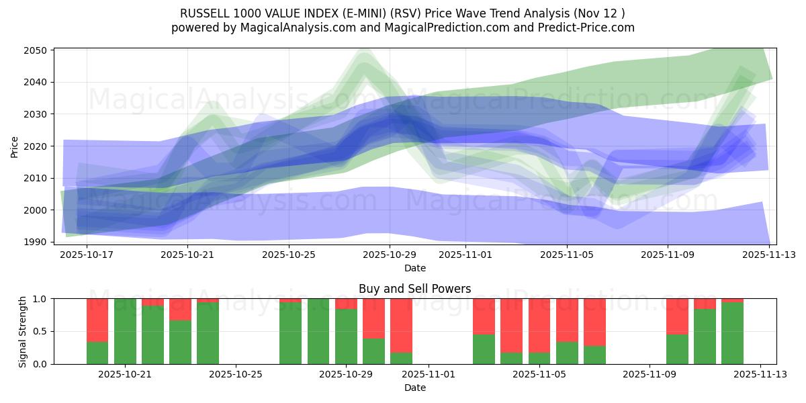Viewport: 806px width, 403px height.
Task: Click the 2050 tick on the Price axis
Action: [x=38, y=50]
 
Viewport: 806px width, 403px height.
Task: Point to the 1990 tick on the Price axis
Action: [x=38, y=242]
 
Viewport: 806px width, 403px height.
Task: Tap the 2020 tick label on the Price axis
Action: [x=38, y=146]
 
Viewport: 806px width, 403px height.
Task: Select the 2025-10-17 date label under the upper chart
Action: [x=87, y=255]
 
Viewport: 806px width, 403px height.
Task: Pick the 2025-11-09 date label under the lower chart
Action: [x=650, y=374]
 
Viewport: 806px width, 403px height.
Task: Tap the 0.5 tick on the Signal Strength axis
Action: [x=40, y=331]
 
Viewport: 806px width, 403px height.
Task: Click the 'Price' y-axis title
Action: [x=15, y=146]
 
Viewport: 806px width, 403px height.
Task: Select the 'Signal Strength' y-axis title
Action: [x=23, y=331]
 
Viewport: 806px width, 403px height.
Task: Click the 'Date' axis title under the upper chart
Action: [x=414, y=268]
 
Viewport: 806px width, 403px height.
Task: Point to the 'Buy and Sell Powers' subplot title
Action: [x=414, y=289]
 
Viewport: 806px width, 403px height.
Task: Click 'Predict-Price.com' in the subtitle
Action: [x=581, y=28]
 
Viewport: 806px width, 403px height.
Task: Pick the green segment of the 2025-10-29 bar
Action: [x=346, y=337]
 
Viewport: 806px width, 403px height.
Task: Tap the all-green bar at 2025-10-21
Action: [x=125, y=331]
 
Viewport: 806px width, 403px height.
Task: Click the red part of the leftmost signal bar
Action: [x=97, y=320]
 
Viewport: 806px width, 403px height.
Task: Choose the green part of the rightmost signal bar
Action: [x=732, y=333]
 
